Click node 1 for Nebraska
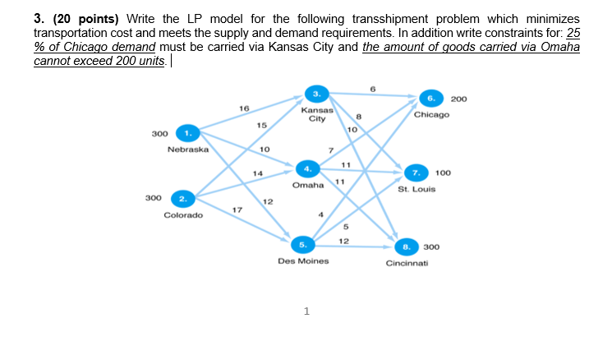pyautogui.click(x=188, y=133)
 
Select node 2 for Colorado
pyautogui.click(x=183, y=198)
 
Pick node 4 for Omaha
pyautogui.click(x=307, y=168)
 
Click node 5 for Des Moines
pyautogui.click(x=303, y=243)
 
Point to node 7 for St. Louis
pyautogui.click(x=416, y=173)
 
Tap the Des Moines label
pyautogui.click(x=303, y=261)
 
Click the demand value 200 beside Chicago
pyautogui.click(x=459, y=99)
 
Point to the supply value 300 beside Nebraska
pyautogui.click(x=160, y=133)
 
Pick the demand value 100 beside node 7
pyautogui.click(x=443, y=173)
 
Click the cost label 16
pyautogui.click(x=243, y=108)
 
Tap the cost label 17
pyautogui.click(x=237, y=210)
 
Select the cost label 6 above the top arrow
pyautogui.click(x=372, y=88)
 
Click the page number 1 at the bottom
pyautogui.click(x=306, y=312)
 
